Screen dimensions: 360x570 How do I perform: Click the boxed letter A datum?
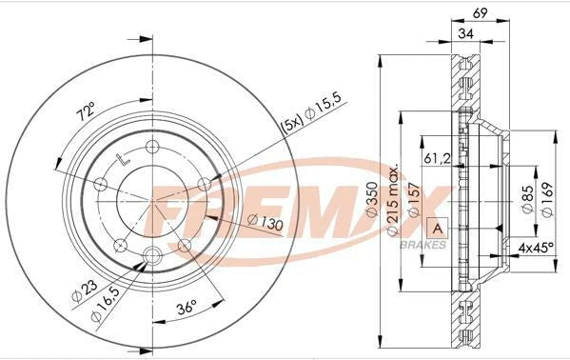(438, 229)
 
